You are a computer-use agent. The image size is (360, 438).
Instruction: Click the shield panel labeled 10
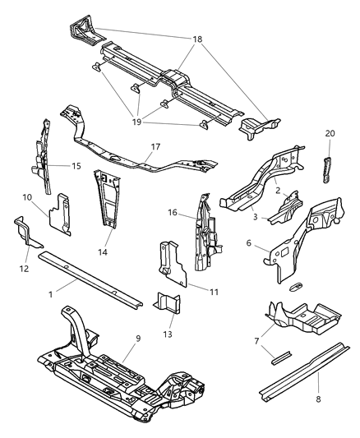coord(58,213)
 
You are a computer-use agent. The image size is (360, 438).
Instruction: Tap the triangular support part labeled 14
coord(107,198)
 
